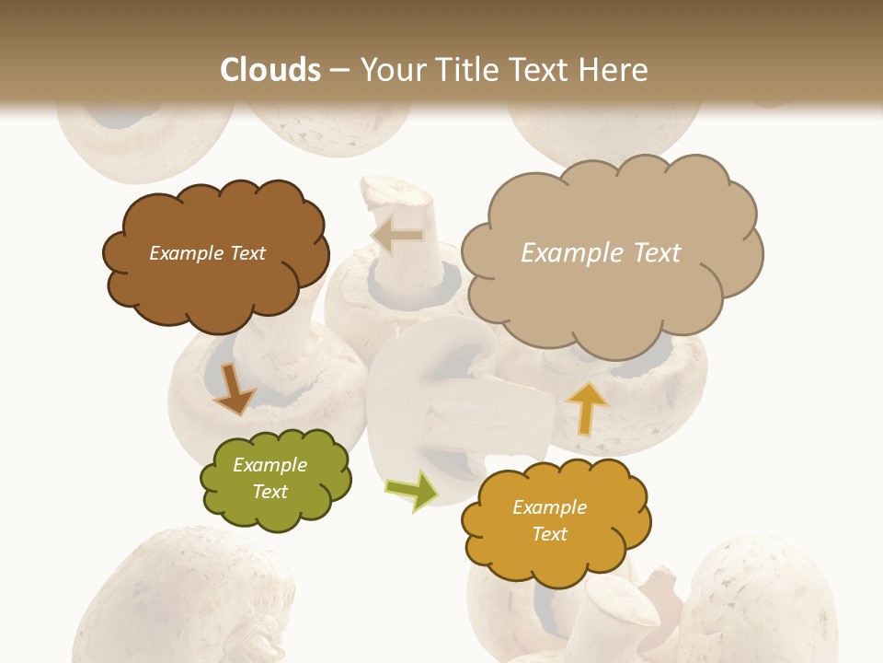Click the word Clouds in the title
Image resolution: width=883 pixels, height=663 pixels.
tap(270, 70)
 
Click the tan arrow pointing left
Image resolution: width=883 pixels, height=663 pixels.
tap(397, 237)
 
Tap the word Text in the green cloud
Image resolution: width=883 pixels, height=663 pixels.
tap(270, 492)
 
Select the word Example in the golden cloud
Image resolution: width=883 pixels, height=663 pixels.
tap(549, 507)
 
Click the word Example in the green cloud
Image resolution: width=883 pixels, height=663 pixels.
tap(270, 465)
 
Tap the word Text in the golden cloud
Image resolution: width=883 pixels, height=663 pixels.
tap(549, 534)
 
